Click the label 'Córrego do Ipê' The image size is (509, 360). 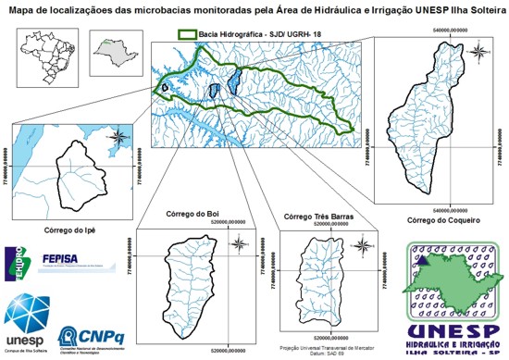click(x=71, y=228)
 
